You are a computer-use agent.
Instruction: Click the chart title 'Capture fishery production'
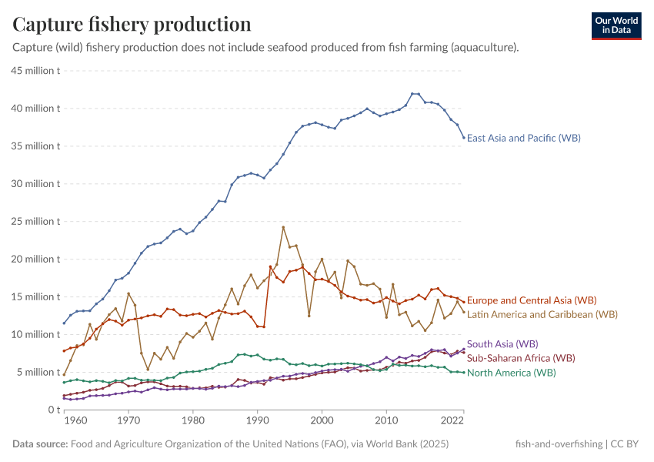pyautogui.click(x=132, y=24)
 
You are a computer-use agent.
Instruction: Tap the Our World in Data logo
pyautogui.click(x=616, y=25)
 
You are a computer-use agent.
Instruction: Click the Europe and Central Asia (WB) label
pyautogui.click(x=532, y=300)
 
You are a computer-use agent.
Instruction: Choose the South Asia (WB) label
pyautogui.click(x=502, y=344)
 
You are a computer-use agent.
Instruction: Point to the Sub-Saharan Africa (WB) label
pyautogui.click(x=521, y=358)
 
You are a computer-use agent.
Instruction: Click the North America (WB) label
pyautogui.click(x=511, y=373)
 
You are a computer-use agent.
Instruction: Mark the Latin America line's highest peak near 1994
pyautogui.click(x=283, y=227)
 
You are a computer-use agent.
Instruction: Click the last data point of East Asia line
pyautogui.click(x=463, y=138)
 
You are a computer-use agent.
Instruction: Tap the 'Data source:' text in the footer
pyautogui.click(x=40, y=444)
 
